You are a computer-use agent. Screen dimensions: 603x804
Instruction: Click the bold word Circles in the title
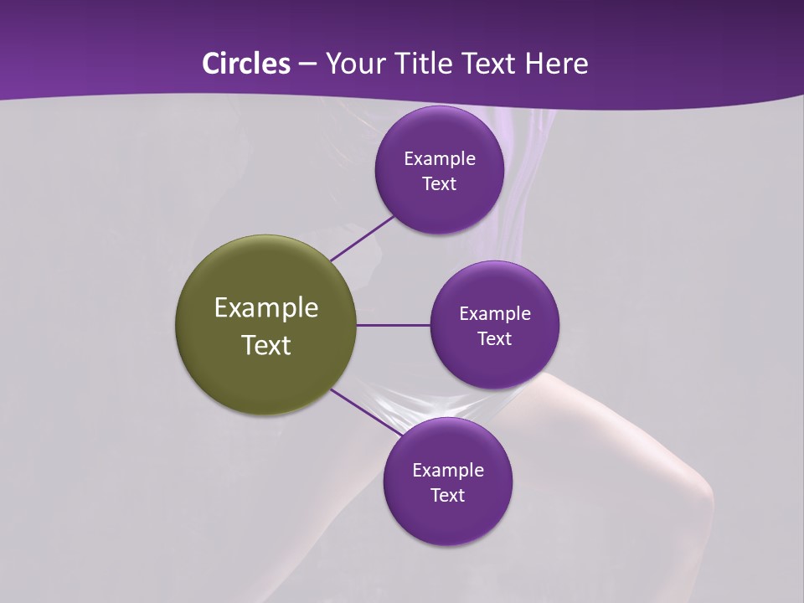246,64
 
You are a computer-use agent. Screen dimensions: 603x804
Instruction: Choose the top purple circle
439,134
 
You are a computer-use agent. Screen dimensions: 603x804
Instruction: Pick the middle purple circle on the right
494,290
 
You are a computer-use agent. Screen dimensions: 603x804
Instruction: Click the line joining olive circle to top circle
362,238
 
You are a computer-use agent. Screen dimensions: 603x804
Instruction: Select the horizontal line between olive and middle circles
393,325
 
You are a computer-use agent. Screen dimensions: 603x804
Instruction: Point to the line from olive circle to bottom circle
365,411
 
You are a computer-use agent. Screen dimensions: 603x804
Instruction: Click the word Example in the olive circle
266,308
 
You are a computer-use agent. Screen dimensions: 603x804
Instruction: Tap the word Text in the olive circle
266,345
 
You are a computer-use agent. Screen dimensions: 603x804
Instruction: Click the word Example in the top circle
440,159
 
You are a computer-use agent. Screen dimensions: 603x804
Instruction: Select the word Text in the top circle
440,184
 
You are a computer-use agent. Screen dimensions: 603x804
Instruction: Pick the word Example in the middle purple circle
495,314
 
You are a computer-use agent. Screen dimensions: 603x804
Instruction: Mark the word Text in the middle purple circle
495,338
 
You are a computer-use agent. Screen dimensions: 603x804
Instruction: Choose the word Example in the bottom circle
448,471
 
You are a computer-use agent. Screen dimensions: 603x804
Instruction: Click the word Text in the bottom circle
448,495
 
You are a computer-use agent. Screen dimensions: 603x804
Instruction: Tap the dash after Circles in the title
307,64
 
